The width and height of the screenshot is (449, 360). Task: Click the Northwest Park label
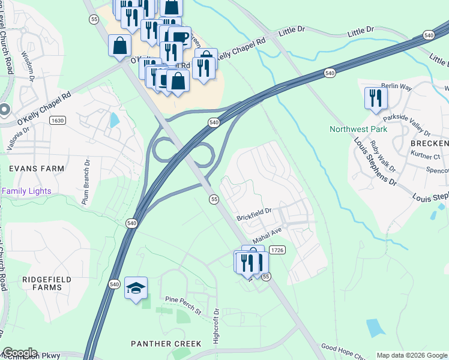click(x=358, y=129)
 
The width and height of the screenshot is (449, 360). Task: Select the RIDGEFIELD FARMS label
click(x=47, y=284)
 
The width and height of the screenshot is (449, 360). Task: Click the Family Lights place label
click(x=26, y=191)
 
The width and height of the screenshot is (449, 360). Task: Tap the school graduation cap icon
click(x=136, y=289)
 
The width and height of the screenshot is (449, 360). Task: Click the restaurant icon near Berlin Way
click(x=375, y=98)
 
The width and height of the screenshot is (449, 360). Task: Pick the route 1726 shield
click(x=276, y=250)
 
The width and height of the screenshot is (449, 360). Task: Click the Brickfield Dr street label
click(x=254, y=211)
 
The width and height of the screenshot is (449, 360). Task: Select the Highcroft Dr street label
click(x=218, y=326)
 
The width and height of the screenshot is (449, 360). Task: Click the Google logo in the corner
click(x=19, y=353)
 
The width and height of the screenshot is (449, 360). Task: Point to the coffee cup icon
click(x=179, y=37)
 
